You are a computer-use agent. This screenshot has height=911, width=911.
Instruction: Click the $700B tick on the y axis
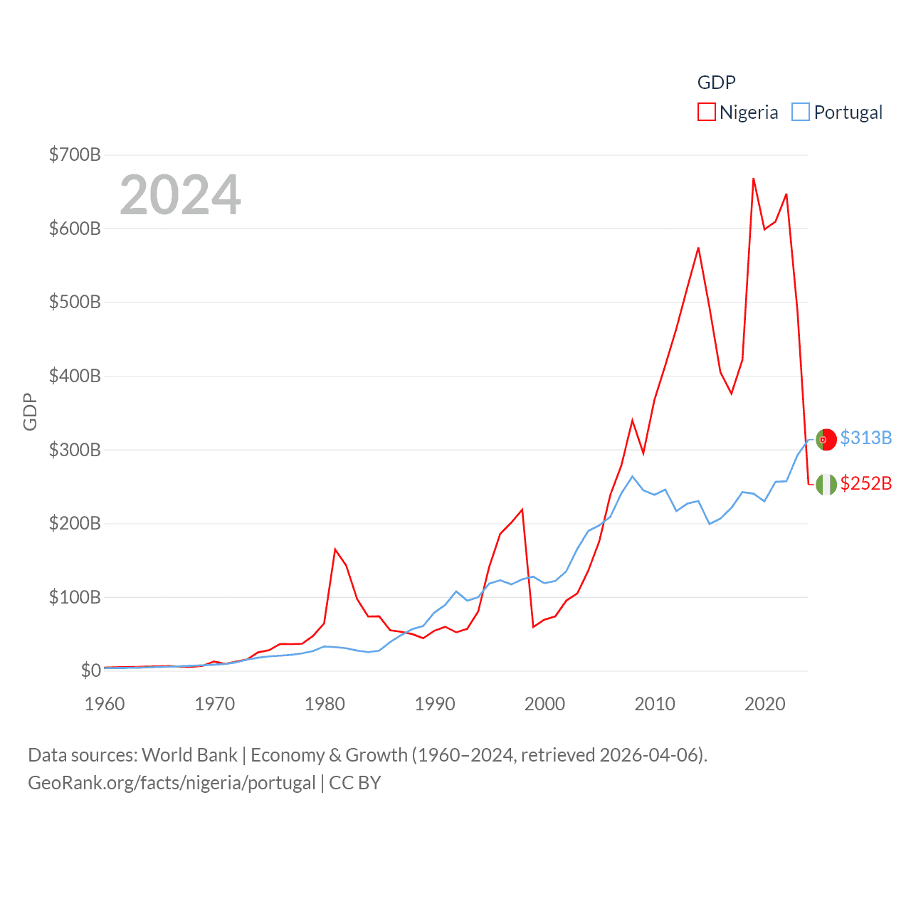pos(74,154)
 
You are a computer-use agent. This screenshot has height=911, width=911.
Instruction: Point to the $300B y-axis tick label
pos(74,450)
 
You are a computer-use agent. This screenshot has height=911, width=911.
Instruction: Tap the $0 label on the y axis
pos(90,670)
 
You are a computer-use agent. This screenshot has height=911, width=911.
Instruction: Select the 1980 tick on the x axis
pos(325,704)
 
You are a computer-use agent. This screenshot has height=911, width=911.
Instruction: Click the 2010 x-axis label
pos(655,704)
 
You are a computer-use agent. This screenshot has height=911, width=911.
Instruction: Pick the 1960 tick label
pos(105,704)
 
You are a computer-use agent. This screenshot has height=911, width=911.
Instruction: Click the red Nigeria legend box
pos(706,112)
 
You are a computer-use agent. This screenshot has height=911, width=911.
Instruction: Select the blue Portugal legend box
pos(801,112)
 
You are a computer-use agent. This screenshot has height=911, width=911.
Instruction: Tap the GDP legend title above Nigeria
pos(716,83)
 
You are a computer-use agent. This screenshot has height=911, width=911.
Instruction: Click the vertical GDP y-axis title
pos(30,411)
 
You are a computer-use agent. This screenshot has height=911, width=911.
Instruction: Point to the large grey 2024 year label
pos(180,194)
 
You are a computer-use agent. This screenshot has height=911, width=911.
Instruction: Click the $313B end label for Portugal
pos(865,438)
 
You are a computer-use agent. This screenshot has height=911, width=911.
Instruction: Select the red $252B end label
pos(865,483)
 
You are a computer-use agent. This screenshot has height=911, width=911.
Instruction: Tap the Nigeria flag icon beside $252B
pos(826,485)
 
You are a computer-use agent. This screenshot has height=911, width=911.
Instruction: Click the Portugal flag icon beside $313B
pos(826,440)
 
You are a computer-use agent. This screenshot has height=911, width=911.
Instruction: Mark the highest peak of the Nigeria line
pos(753,179)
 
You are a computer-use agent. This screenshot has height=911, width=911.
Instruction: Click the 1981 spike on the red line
pos(335,549)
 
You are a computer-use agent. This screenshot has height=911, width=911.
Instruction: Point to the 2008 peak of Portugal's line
pos(633,476)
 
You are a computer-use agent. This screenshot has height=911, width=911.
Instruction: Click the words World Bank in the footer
pos(189,754)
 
